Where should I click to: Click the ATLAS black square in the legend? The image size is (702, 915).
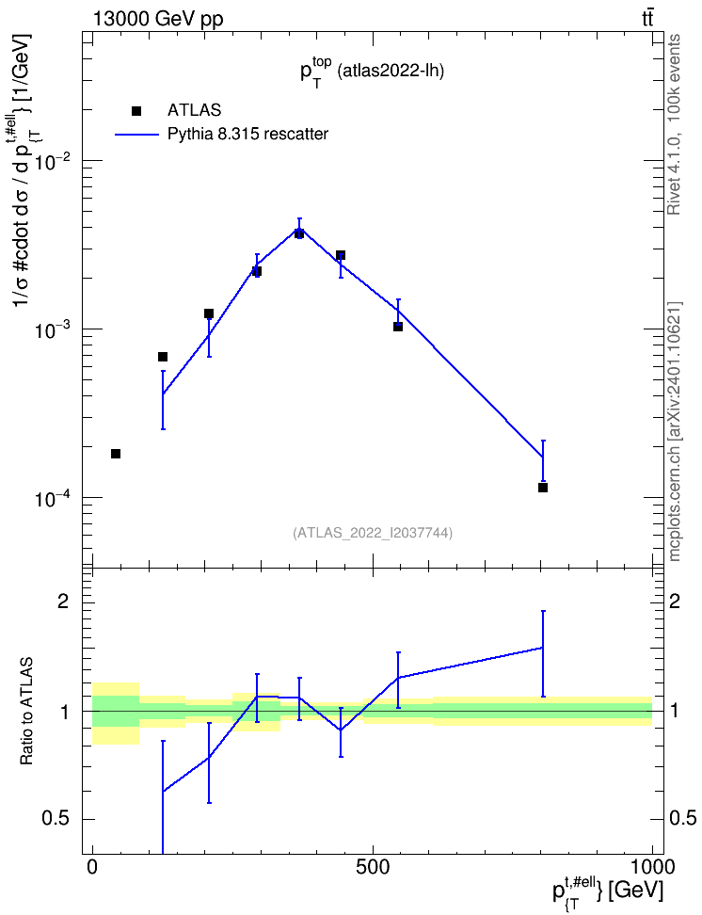pyautogui.click(x=136, y=111)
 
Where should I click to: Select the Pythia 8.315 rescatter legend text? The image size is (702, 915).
pyautogui.click(x=248, y=135)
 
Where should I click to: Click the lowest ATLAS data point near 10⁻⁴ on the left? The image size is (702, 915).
pyautogui.click(x=116, y=454)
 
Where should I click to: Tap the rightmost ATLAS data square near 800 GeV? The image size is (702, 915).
pyautogui.click(x=543, y=488)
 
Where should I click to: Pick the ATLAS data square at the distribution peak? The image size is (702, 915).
pyautogui.click(x=299, y=233)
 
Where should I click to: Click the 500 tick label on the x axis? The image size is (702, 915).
pyautogui.click(x=373, y=867)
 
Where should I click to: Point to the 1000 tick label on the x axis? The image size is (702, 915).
pyautogui.click(x=651, y=867)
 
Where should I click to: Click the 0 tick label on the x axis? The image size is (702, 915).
pyautogui.click(x=92, y=867)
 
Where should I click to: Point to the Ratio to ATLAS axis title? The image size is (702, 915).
pyautogui.click(x=26, y=712)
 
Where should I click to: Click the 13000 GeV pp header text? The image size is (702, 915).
pyautogui.click(x=158, y=19)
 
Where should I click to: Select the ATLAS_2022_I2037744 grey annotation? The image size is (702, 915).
pyautogui.click(x=373, y=532)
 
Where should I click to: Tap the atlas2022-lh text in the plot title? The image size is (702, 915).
pyautogui.click(x=391, y=72)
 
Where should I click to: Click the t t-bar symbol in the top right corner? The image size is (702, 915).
pyautogui.click(x=647, y=19)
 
